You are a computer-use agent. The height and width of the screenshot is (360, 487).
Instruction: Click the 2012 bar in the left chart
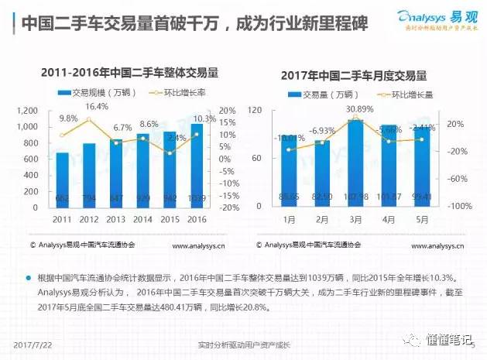coord(90,175)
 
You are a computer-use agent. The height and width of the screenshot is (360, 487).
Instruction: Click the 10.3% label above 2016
coord(204,118)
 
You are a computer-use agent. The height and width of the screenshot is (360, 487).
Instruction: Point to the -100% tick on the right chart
coord(452,207)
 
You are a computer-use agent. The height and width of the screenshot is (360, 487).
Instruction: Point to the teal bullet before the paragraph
coord(28,276)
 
